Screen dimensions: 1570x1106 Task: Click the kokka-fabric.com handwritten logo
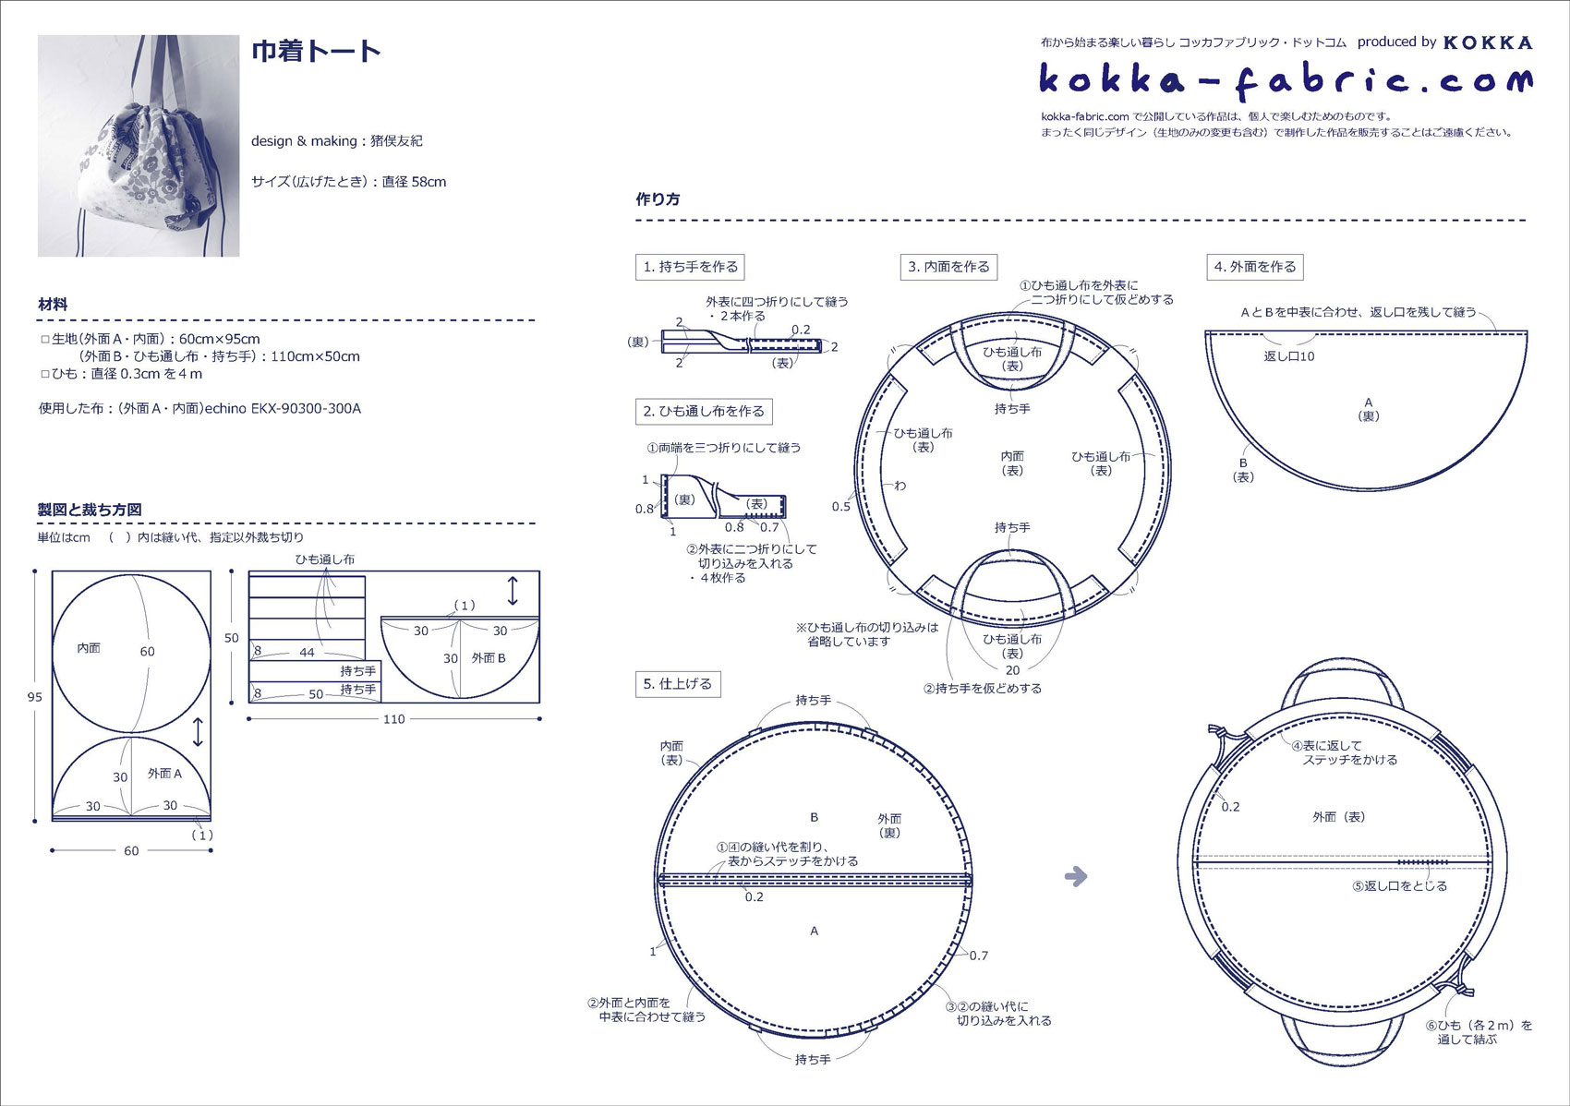[1286, 79]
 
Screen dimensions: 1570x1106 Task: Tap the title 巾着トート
[316, 51]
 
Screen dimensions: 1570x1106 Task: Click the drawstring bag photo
[139, 146]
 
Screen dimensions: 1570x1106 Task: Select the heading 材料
[53, 305]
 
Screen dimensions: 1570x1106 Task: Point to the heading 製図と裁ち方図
[89, 510]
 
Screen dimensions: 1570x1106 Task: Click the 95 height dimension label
[34, 697]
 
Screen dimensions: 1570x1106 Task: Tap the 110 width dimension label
[394, 719]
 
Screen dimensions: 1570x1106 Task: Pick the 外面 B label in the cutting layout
[489, 657]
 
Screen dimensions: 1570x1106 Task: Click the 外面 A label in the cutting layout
[164, 774]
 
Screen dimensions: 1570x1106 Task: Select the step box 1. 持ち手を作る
[691, 267]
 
